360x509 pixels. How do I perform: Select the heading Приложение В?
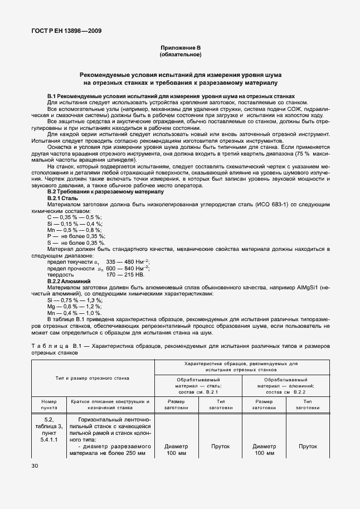(x=180, y=49)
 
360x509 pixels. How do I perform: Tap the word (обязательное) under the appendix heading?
(x=180, y=55)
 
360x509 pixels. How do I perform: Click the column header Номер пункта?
(x=48, y=404)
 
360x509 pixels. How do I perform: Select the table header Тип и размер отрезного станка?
(x=92, y=378)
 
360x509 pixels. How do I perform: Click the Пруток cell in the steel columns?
(x=220, y=447)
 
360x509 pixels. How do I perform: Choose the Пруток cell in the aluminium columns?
(x=308, y=447)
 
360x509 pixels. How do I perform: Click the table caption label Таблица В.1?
(x=54, y=346)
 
